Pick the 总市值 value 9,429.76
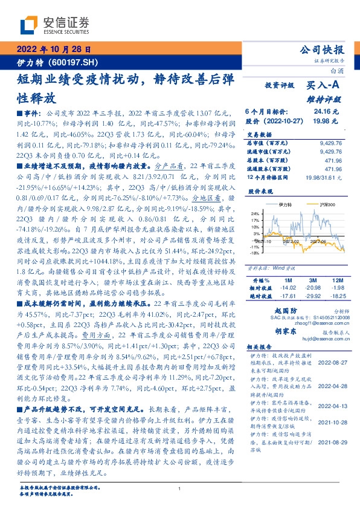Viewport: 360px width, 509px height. coord(330,143)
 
